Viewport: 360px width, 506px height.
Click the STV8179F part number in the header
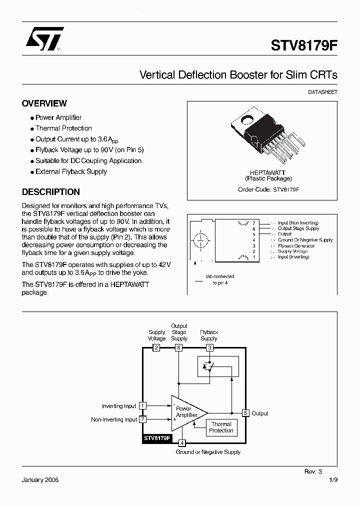coord(304,45)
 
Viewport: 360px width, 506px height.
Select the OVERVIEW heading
coord(44,103)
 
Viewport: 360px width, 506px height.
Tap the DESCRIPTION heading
coord(50,192)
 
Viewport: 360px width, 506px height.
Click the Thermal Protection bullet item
coord(63,128)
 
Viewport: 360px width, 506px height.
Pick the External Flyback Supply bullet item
coord(71,171)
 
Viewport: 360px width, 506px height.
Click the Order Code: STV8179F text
coord(268,189)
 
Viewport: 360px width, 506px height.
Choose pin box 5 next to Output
coord(245,413)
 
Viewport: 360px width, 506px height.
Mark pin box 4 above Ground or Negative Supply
coord(182,442)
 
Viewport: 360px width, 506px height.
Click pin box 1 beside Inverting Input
coord(143,406)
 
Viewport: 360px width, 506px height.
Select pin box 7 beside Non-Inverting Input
coord(143,419)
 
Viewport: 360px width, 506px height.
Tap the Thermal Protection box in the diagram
coord(221,427)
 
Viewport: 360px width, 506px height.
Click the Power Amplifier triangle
coord(186,412)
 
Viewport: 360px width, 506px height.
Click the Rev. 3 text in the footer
coord(313,471)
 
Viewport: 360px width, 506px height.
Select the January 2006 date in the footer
coord(40,480)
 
